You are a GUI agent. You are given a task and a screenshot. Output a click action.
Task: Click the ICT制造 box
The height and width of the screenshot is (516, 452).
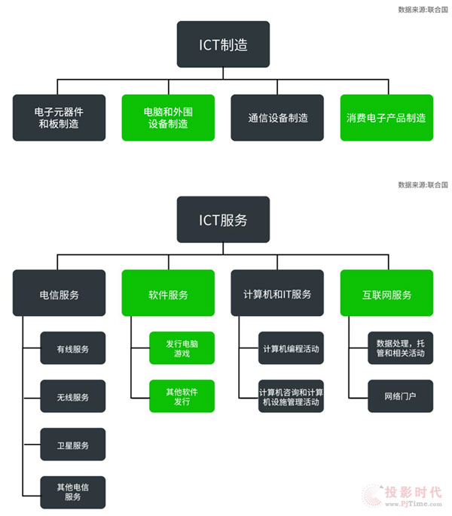coord(223,44)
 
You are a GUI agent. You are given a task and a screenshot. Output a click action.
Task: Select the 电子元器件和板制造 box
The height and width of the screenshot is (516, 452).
coord(59,117)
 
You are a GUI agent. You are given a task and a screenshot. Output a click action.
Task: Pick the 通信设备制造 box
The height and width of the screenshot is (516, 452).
coord(277,117)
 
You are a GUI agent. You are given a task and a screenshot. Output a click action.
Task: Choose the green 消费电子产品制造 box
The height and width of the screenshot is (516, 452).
coord(386,117)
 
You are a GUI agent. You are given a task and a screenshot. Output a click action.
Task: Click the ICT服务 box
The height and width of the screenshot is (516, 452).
coord(223,220)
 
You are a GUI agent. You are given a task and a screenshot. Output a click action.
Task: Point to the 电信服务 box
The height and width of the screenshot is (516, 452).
coord(59,293)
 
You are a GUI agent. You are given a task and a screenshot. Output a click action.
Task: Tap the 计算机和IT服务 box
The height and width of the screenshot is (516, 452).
coord(277,293)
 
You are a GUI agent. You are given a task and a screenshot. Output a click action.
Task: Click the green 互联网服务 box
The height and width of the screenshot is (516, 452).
coord(386,293)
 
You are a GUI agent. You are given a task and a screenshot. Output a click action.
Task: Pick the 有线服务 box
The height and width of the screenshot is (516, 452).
coord(72,348)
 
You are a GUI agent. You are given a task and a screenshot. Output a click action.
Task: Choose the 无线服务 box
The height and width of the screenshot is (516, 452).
coord(72,396)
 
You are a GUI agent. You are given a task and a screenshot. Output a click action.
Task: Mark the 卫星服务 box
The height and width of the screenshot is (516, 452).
coord(72,445)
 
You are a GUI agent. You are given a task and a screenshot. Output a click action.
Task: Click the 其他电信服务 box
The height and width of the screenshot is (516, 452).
coord(72,492)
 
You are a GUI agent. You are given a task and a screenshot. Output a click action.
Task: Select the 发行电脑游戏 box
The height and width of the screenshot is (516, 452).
coord(182,348)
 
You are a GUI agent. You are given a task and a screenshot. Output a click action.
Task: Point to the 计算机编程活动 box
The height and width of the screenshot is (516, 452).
coord(292,348)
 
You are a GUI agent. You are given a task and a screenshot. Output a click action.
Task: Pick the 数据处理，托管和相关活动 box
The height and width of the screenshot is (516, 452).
coord(400,348)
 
